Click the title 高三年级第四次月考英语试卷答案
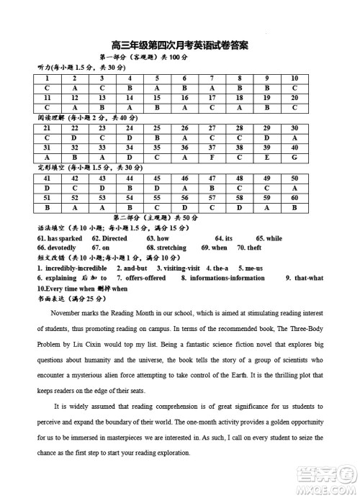click(x=180, y=45)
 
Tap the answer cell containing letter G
click(x=294, y=156)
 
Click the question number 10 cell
click(x=294, y=78)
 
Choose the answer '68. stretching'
click(x=166, y=248)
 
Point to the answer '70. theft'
click(x=248, y=248)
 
